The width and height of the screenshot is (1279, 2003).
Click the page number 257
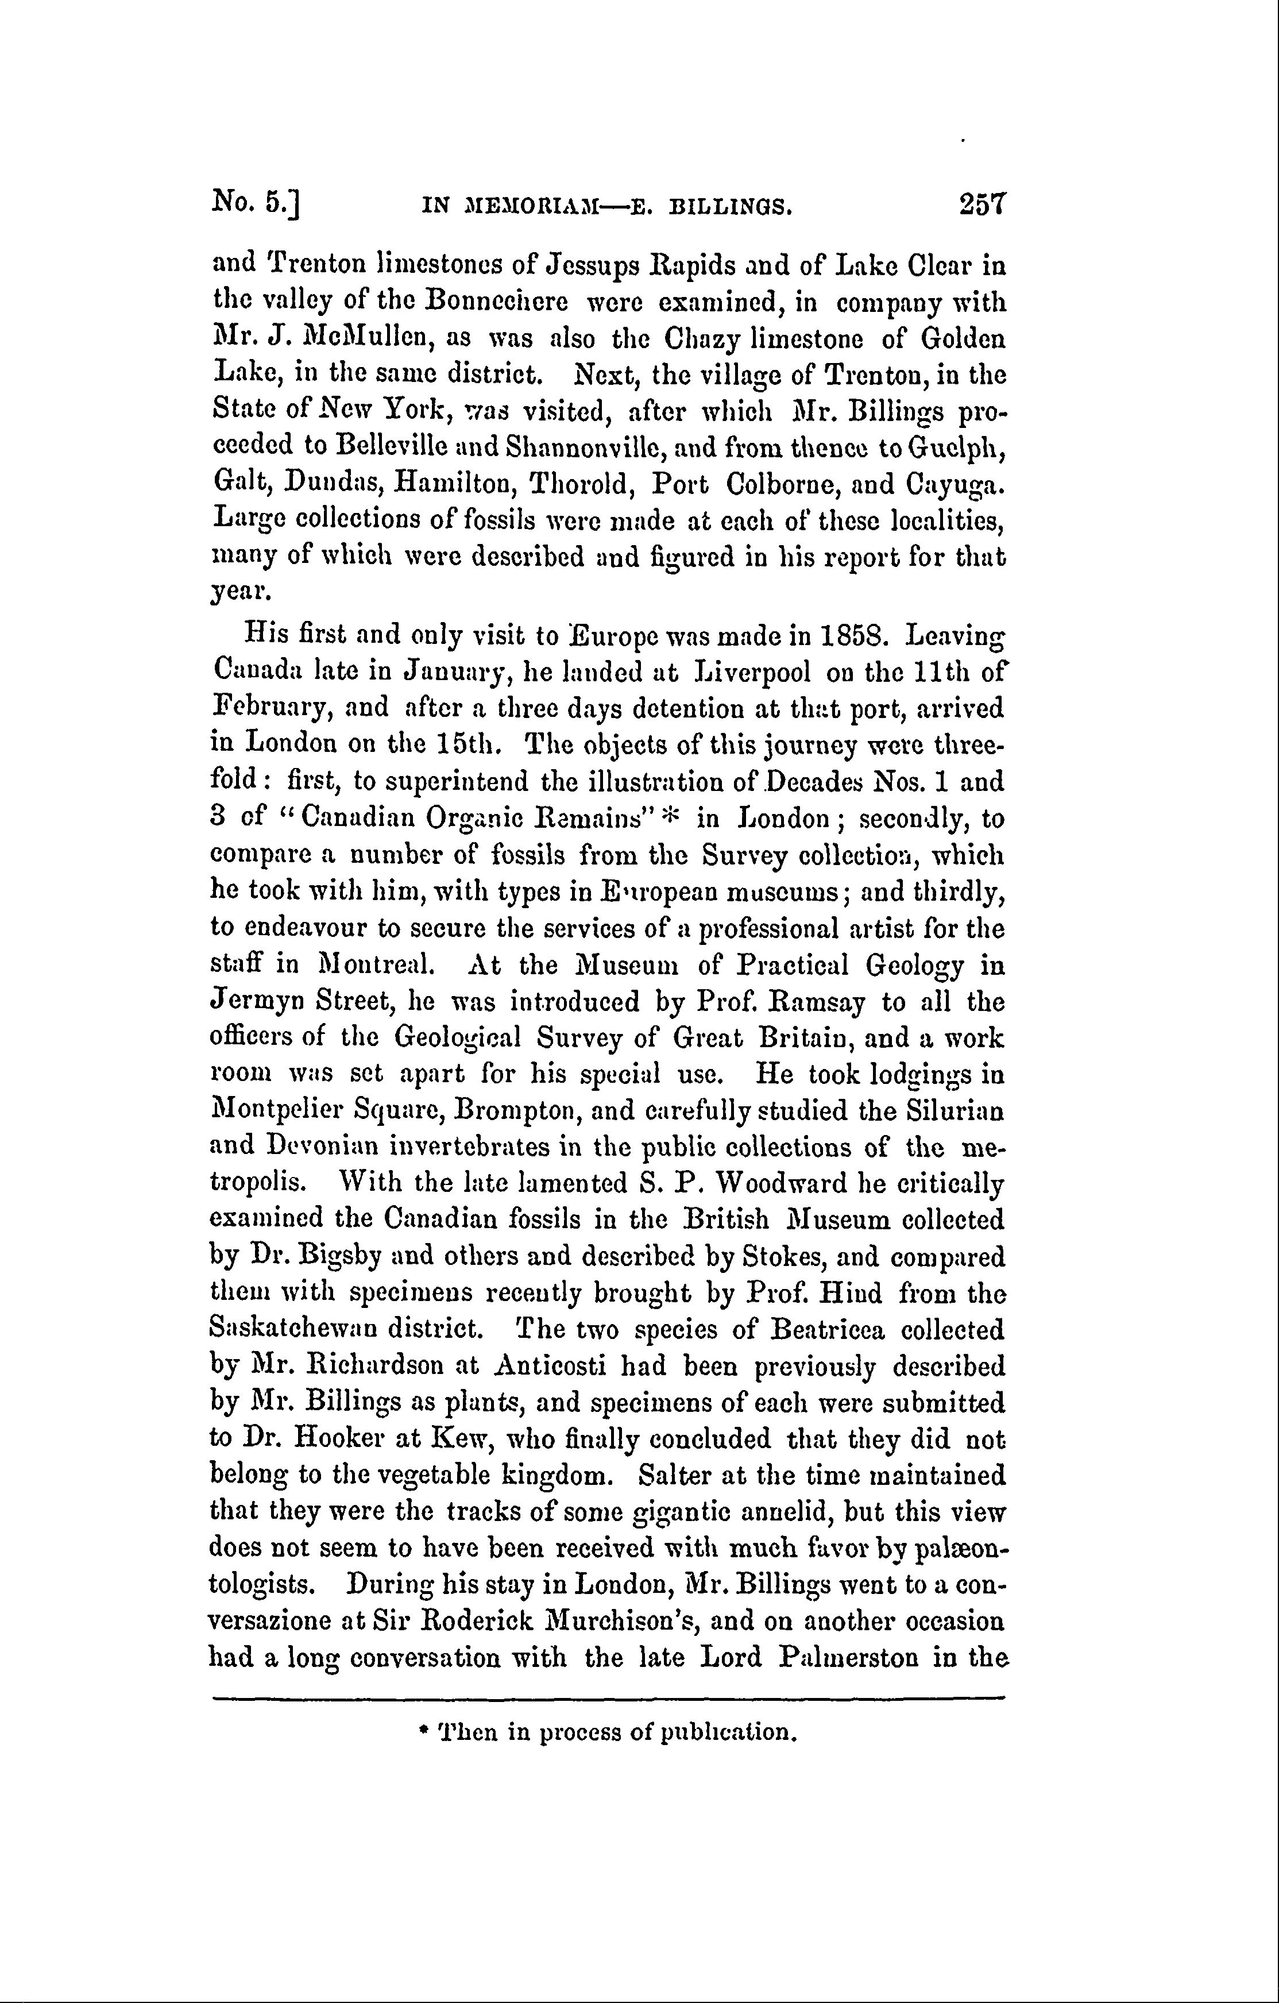(x=982, y=204)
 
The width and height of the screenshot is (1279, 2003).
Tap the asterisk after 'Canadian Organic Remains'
(x=674, y=816)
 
